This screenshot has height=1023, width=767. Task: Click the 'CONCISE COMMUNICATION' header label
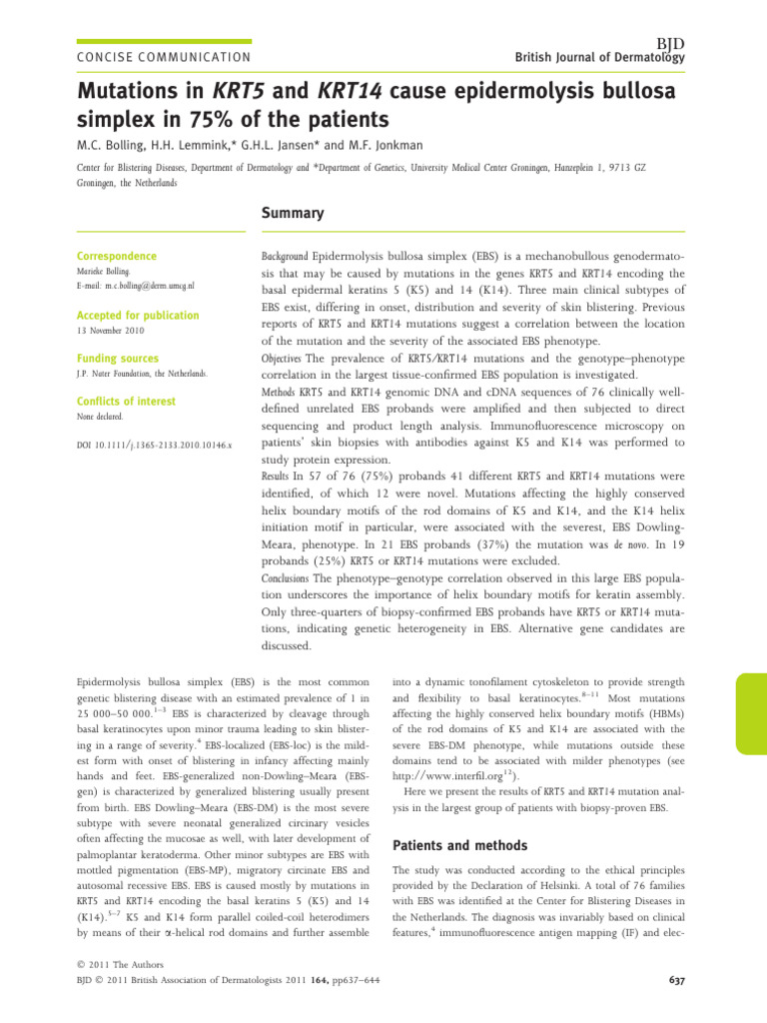158,59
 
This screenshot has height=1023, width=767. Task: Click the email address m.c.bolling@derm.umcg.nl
135,285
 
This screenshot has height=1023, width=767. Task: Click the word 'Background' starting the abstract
284,257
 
